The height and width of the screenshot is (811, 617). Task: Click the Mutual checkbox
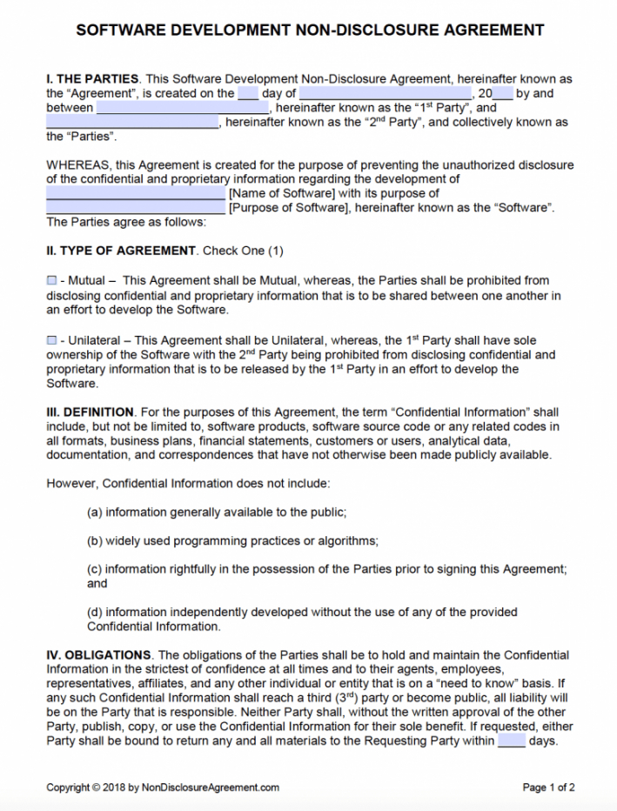(x=51, y=281)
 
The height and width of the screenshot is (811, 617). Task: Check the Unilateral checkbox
(x=51, y=340)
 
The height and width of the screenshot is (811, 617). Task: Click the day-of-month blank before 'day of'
(x=248, y=94)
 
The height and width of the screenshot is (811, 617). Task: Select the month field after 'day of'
(x=385, y=94)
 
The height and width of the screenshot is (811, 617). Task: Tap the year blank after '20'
(x=502, y=94)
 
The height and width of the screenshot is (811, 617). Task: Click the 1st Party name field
(x=183, y=109)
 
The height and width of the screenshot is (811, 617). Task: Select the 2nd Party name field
(x=132, y=123)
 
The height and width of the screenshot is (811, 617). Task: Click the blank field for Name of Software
(x=135, y=194)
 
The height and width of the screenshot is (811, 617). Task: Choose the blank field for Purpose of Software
(x=135, y=208)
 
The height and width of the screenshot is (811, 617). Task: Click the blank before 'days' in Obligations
(x=511, y=742)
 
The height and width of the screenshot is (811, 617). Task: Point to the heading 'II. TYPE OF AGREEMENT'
(x=121, y=251)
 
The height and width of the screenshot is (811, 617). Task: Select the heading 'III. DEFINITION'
(x=91, y=412)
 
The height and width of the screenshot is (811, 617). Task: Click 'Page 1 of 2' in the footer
(x=548, y=788)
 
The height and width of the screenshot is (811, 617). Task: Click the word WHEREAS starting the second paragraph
(x=77, y=165)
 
